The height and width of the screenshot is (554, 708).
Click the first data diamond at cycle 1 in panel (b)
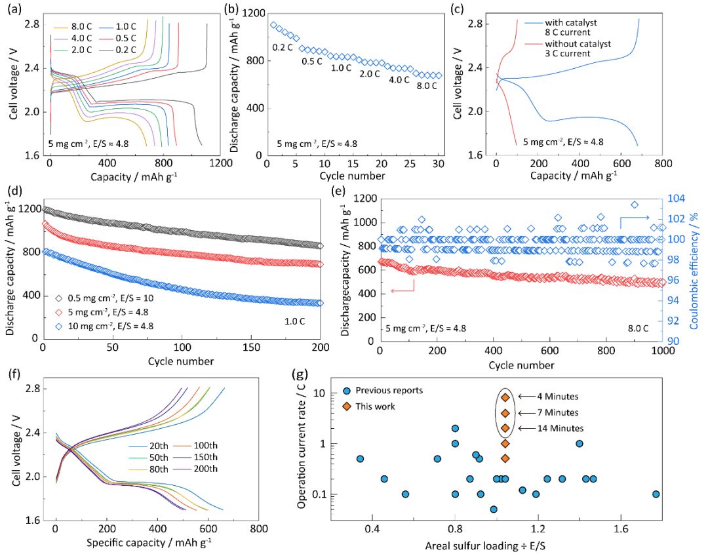(273, 25)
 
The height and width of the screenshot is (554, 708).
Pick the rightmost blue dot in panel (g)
(656, 494)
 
